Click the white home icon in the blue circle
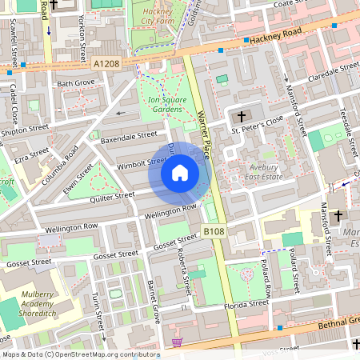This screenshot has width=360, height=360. tap(180, 173)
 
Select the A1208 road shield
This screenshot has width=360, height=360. tap(107, 63)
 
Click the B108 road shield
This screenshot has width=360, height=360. tap(212, 231)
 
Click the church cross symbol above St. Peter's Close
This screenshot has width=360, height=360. tap(242, 116)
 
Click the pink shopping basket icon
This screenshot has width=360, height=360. tap(177, 342)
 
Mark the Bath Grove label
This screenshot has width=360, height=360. tap(75, 82)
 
